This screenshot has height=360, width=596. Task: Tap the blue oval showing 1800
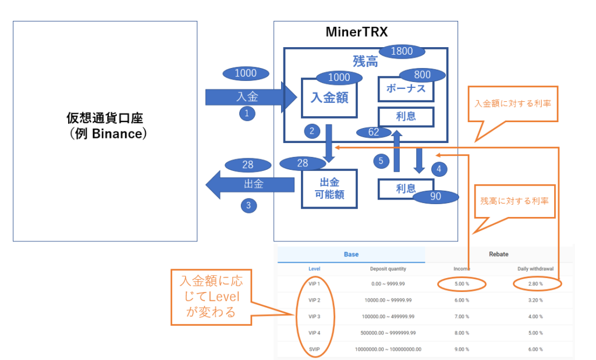point(402,51)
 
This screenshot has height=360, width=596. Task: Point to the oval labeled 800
point(423,75)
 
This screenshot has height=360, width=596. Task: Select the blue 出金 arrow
point(250,185)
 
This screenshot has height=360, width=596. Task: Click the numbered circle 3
point(249,205)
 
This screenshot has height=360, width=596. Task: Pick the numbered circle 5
point(381,161)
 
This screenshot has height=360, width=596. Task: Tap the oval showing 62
point(374,133)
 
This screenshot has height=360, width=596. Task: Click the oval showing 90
point(435,197)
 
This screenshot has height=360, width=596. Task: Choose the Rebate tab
point(498,254)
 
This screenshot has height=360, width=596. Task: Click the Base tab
point(351,254)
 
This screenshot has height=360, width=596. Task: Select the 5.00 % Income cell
point(462,284)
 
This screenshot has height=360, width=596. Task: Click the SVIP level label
point(314,349)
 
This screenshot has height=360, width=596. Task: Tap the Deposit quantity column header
point(388,269)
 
